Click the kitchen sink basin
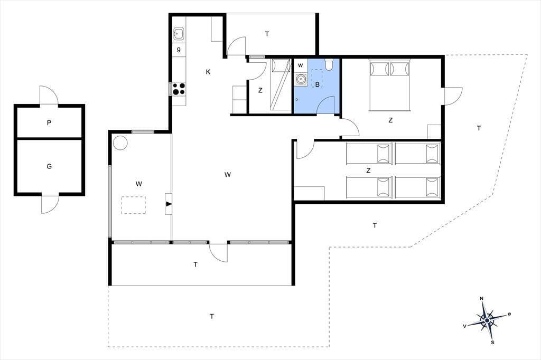(x=179, y=34)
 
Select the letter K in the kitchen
(x=208, y=72)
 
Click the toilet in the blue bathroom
(x=329, y=64)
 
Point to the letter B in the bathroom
(x=317, y=84)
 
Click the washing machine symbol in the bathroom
(x=301, y=79)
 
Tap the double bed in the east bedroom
(x=390, y=85)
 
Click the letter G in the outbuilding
(x=49, y=166)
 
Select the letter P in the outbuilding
(x=49, y=122)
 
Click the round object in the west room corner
(x=120, y=143)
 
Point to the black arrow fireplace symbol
(x=169, y=204)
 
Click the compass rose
(x=487, y=320)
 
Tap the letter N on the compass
(x=482, y=299)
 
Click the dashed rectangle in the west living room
(x=133, y=205)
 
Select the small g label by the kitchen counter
(x=179, y=49)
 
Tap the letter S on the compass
(x=493, y=343)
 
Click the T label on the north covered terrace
(x=267, y=34)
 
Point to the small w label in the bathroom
(x=301, y=65)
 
